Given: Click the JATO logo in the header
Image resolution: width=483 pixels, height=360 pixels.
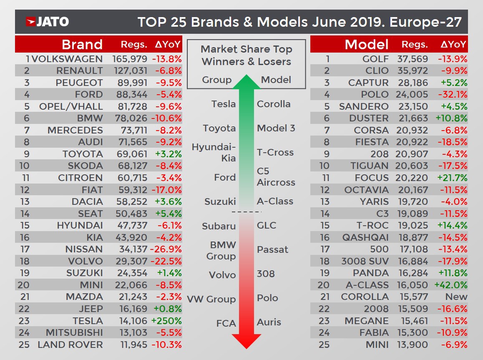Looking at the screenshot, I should [x=47, y=22].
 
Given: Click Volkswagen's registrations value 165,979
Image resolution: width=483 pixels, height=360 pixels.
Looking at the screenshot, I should [x=129, y=59].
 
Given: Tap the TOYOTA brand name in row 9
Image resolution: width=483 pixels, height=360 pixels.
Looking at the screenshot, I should [x=82, y=154].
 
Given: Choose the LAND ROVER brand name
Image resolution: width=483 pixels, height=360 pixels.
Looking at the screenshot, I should [x=70, y=345].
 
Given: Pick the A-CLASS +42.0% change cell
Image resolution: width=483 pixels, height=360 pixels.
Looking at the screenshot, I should [x=451, y=285].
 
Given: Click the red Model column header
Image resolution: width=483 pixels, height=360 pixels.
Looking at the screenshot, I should [x=367, y=44].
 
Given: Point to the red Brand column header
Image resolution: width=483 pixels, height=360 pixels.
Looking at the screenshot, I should [x=82, y=44].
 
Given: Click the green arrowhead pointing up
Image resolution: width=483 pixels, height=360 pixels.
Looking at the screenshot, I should [x=246, y=82].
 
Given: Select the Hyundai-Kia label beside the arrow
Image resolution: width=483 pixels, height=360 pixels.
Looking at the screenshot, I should [x=214, y=153].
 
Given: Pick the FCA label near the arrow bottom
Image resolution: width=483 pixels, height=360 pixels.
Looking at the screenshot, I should [x=226, y=323].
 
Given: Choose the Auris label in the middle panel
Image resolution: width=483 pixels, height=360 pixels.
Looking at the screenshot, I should [x=269, y=322].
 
